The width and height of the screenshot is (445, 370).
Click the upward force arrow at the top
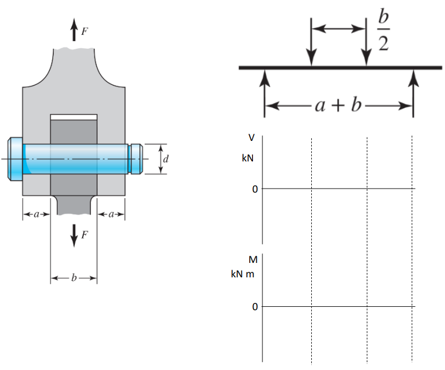[74, 30]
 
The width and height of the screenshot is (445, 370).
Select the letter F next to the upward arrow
[84, 32]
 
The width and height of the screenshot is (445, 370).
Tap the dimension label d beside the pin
[165, 159]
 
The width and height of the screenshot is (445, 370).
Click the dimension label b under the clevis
[73, 278]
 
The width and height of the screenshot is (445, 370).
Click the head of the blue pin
[15, 159]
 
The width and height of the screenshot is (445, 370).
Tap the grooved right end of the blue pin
[136, 159]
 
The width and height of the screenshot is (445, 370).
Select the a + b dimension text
[338, 105]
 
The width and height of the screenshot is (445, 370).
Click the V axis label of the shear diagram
[251, 138]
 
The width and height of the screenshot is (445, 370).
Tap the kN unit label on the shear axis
[247, 158]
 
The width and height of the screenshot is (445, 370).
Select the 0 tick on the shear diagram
[255, 189]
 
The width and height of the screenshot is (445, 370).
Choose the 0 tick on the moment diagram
[255, 307]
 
